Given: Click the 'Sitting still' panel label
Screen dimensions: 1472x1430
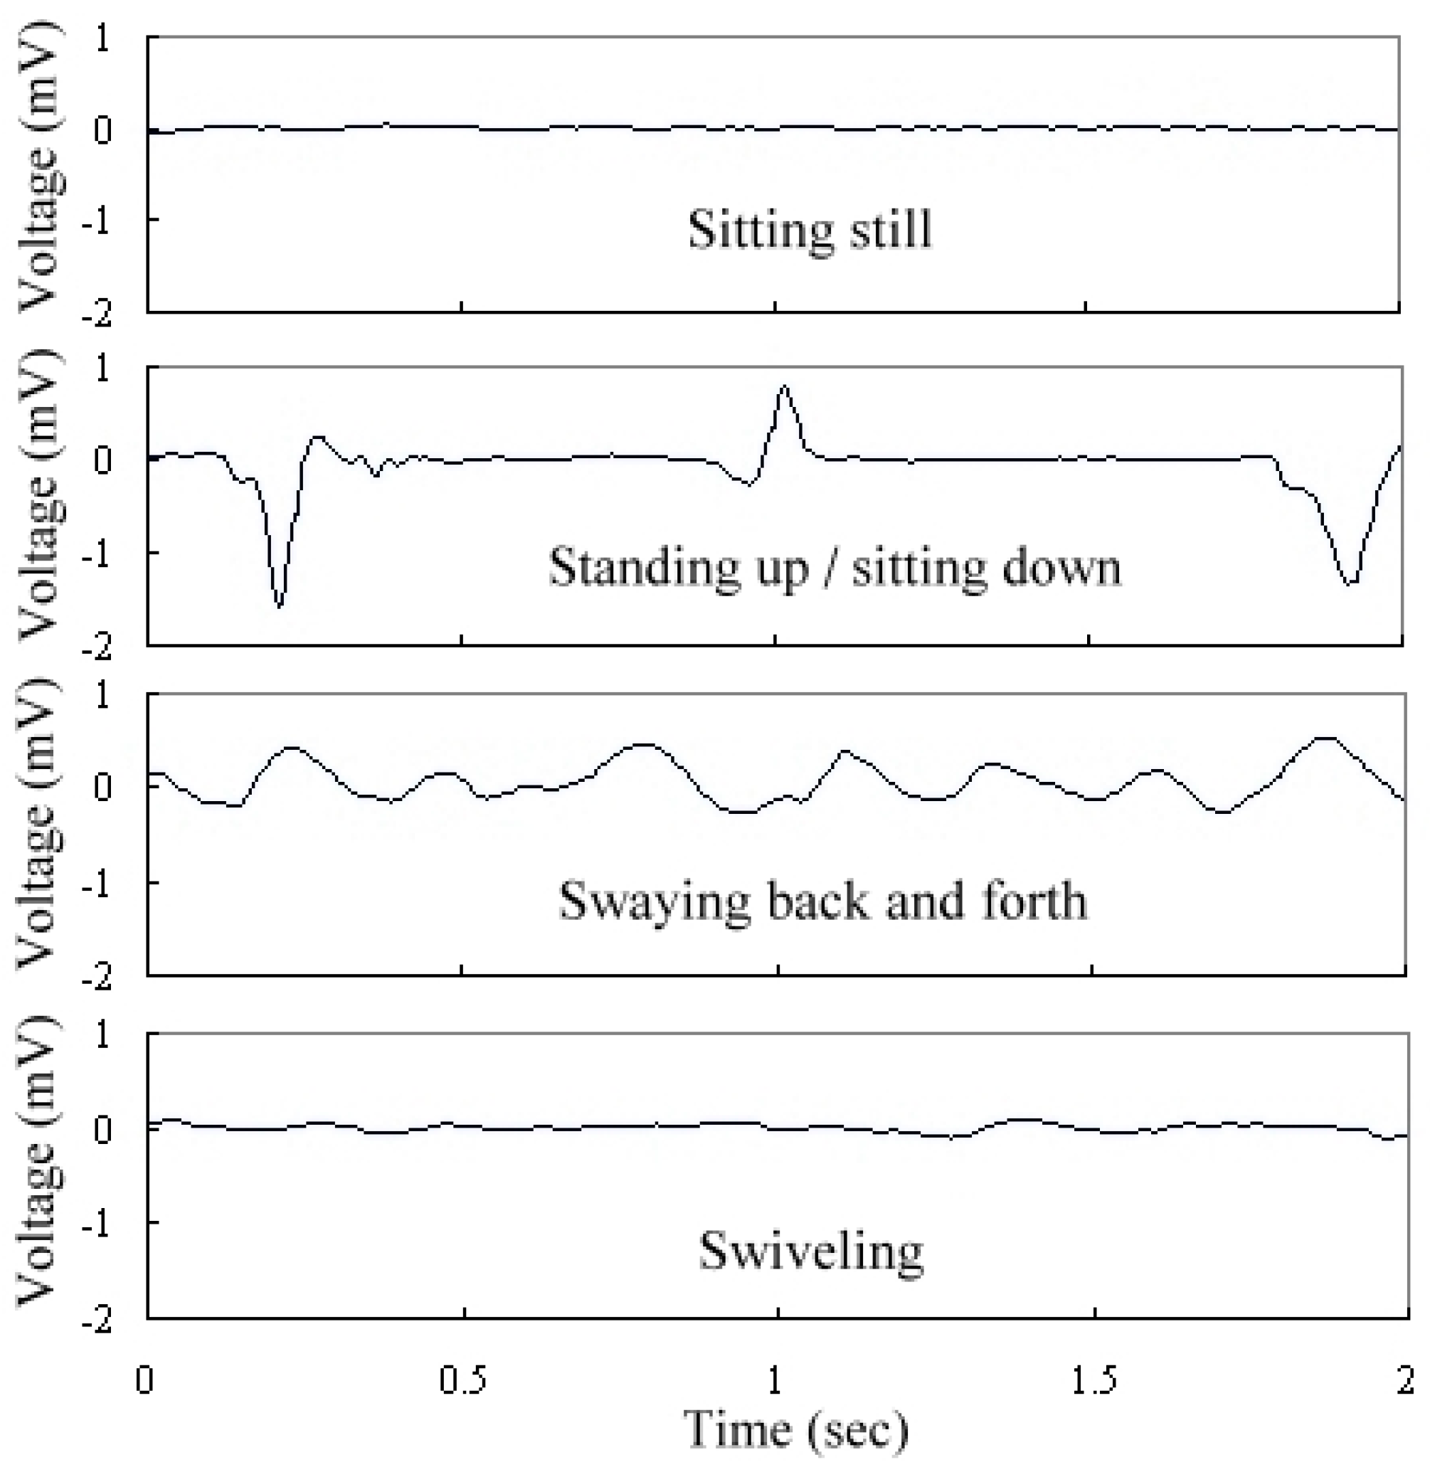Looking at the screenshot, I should coord(810,229).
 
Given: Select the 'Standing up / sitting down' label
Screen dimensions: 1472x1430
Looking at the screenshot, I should coord(834,567).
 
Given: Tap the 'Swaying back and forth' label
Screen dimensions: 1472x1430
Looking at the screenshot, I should coord(822,900).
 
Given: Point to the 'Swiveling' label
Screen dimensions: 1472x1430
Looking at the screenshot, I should coord(810,1251).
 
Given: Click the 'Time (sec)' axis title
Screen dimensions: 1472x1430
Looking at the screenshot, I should coord(796,1429).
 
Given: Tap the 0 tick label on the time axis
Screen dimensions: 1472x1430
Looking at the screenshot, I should coord(145,1380).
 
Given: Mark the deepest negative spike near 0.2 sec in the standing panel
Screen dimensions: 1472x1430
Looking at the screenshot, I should coord(280,605).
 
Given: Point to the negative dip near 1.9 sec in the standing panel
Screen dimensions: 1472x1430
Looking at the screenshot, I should coord(1351,583).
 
